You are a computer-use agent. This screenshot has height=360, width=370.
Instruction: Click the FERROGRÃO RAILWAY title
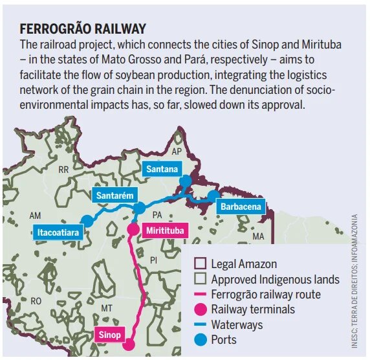point(83,29)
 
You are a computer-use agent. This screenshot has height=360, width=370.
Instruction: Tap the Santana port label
point(162,170)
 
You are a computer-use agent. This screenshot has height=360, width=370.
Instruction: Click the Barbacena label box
point(241,207)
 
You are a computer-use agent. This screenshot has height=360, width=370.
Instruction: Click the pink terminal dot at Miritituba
point(133,229)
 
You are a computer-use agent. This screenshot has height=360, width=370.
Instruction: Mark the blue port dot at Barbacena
point(214,196)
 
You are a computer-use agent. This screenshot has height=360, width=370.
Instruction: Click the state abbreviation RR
point(63,170)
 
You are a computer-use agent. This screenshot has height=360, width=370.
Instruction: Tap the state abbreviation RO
point(36,301)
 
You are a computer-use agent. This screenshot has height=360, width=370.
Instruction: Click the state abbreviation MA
point(259,236)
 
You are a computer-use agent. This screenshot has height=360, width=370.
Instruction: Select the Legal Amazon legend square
point(201,264)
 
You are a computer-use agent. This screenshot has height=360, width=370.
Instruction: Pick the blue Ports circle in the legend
point(201,339)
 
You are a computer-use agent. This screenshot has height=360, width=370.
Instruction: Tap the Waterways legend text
point(237,324)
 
